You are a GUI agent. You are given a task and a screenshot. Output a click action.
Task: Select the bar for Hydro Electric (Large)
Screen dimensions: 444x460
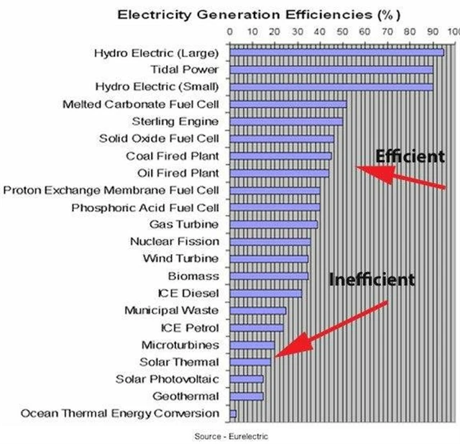pos(336,53)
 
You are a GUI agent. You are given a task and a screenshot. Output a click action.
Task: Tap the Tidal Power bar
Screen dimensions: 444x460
pos(331,70)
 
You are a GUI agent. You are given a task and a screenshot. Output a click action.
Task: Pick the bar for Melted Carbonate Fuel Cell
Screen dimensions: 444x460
pos(287,104)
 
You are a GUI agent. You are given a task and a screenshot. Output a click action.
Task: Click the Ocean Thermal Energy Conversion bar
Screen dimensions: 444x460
pos(233,413)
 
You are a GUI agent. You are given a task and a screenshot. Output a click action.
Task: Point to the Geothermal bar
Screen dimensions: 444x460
pos(247,396)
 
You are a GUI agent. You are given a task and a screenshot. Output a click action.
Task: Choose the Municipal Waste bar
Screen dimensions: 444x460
pos(257,310)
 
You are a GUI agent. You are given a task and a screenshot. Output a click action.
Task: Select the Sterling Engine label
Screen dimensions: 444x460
pos(175,122)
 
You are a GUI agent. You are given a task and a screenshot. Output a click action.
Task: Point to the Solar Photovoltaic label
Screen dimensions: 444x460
pos(167,379)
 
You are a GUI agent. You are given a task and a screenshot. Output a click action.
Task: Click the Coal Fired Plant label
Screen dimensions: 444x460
pos(172,156)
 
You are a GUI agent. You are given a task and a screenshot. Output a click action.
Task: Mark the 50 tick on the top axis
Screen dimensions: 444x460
pos(342,32)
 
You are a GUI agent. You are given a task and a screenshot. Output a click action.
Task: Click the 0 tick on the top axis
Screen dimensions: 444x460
pos(230,32)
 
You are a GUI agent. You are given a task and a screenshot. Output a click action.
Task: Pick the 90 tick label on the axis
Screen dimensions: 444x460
pos(432,32)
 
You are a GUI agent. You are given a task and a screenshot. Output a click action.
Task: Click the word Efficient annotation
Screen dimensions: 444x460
pos(410,156)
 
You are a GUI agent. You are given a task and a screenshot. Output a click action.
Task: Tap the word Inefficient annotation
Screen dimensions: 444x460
pos(372,279)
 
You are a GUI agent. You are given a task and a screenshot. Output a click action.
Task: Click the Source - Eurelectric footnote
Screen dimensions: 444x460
pos(230,436)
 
